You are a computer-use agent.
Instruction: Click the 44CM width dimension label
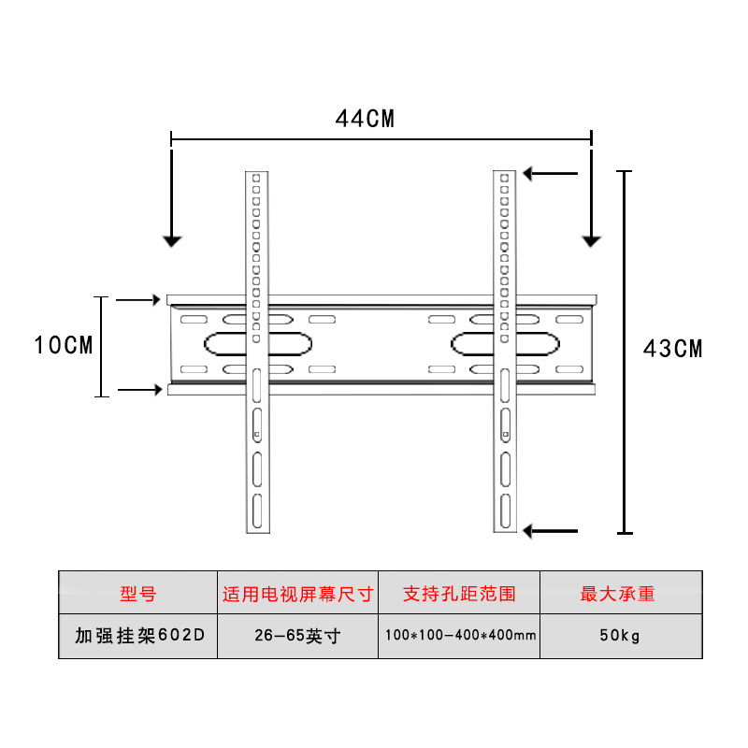[365, 119]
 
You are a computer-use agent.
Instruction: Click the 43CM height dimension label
[672, 349]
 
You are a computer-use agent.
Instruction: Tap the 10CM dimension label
[64, 345]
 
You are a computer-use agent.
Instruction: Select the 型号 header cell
[137, 594]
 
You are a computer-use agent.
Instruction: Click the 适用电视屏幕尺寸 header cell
[297, 594]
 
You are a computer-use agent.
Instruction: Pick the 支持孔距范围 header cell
[459, 594]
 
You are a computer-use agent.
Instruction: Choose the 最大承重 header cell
[618, 594]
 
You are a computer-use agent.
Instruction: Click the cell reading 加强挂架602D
[137, 636]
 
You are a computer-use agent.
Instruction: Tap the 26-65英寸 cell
[297, 636]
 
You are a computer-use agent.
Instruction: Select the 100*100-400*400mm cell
[459, 636]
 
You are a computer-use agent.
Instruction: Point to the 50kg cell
[618, 636]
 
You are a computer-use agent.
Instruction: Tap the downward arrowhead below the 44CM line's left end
[171, 240]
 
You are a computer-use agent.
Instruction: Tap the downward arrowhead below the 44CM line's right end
[591, 240]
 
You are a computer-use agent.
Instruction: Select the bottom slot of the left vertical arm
[256, 510]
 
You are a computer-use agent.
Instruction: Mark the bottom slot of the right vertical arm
[504, 511]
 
